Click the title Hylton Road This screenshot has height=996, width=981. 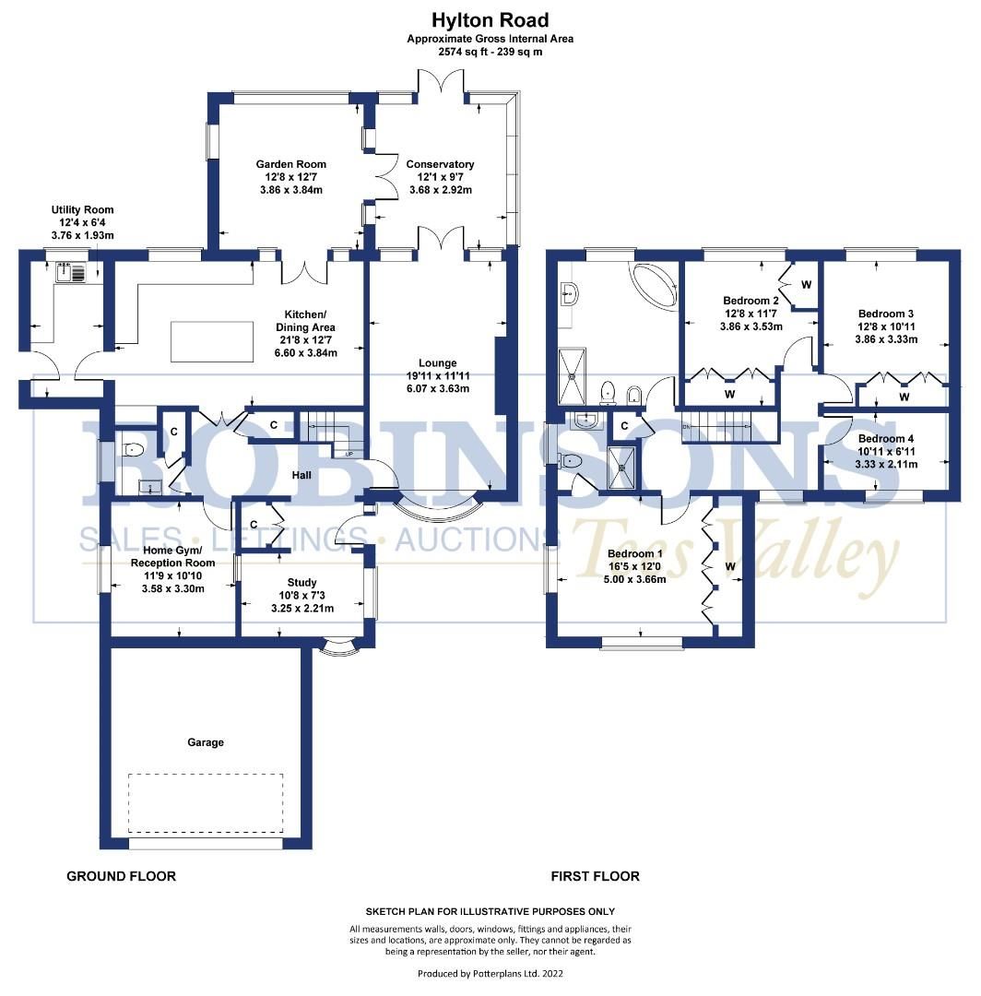coord(490,19)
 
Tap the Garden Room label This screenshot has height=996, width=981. coord(290,164)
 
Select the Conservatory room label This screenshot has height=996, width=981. coord(440,164)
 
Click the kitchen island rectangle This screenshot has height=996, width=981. coord(212,342)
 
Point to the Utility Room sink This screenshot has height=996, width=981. coord(70,272)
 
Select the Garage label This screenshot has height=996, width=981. coord(206,741)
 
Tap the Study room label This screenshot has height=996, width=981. coord(301,582)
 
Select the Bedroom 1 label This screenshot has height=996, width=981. coord(635,554)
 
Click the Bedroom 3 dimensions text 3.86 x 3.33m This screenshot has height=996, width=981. coord(886,338)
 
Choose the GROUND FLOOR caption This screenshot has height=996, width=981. coord(121,876)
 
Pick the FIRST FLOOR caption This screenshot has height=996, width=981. coord(595,876)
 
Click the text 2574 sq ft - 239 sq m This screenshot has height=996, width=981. coord(490,52)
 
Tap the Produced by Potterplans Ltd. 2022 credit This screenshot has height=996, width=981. coord(490,973)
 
